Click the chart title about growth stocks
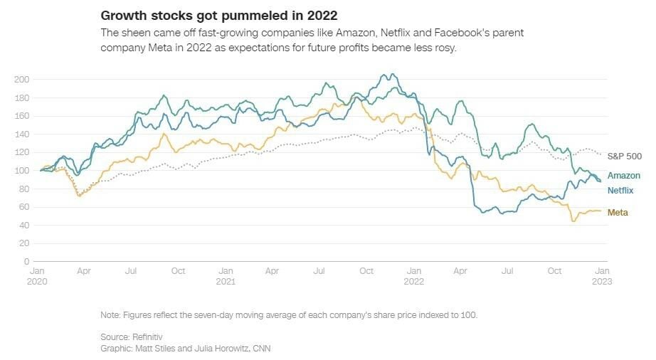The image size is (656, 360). click(x=218, y=15)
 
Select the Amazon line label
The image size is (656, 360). click(x=624, y=175)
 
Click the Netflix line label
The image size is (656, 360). click(x=621, y=190)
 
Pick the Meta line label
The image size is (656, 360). click(x=618, y=213)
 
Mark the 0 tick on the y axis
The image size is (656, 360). click(x=27, y=262)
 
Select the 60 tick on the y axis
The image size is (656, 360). click(x=23, y=207)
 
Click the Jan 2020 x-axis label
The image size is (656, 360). click(x=38, y=276)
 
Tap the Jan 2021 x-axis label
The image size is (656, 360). click(x=226, y=276)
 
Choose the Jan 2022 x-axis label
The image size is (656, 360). click(x=413, y=276)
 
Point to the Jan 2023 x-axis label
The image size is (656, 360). click(x=602, y=276)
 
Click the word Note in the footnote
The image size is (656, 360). click(x=110, y=314)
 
